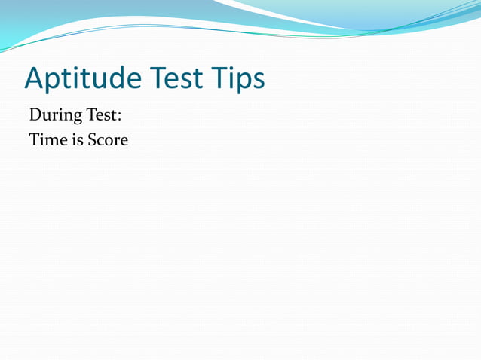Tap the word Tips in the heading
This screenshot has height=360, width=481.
tap(240, 79)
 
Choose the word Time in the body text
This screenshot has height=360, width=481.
tap(44, 140)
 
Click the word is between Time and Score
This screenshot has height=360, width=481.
tap(72, 140)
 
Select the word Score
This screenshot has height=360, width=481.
tap(106, 140)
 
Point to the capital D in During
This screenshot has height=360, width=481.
tap(35, 117)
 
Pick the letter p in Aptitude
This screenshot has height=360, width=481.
tap(58, 82)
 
